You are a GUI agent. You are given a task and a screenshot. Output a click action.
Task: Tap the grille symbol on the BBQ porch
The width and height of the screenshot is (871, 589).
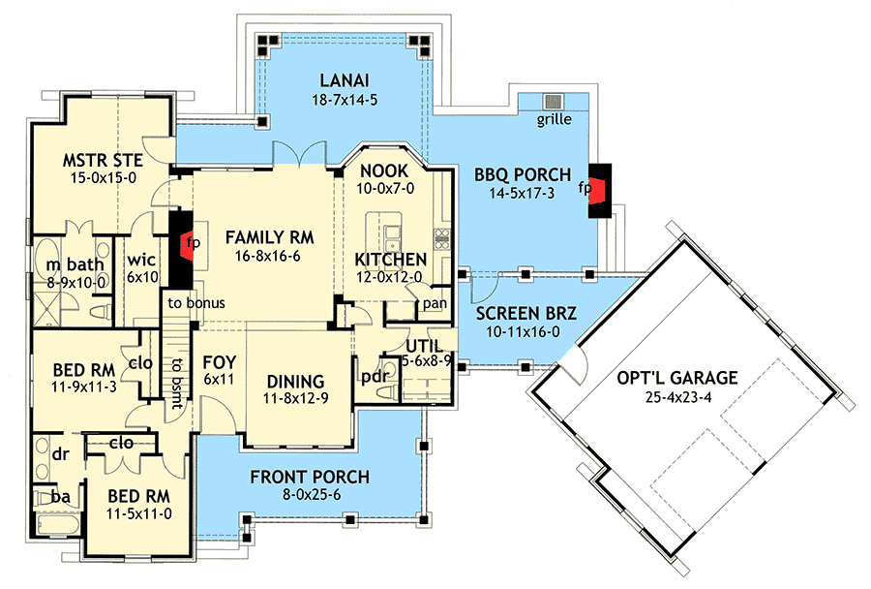[554, 102]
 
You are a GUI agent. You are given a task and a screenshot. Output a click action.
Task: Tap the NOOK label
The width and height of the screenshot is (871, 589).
[386, 170]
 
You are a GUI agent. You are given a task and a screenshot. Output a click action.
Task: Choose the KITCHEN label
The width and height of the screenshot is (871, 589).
[390, 259]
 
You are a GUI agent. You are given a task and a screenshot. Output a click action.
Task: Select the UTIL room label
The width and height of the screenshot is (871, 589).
[425, 346]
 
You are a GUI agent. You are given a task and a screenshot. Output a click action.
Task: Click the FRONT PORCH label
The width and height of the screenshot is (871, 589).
[310, 477]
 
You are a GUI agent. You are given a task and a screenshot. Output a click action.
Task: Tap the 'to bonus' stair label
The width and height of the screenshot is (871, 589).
[195, 302]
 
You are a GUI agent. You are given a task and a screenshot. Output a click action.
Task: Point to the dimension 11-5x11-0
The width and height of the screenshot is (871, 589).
[137, 513]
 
